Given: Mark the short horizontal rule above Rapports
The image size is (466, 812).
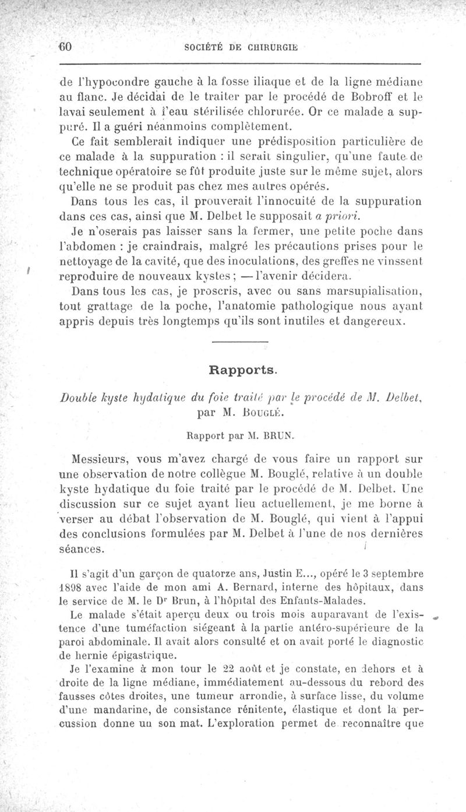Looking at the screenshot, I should (244, 342).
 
